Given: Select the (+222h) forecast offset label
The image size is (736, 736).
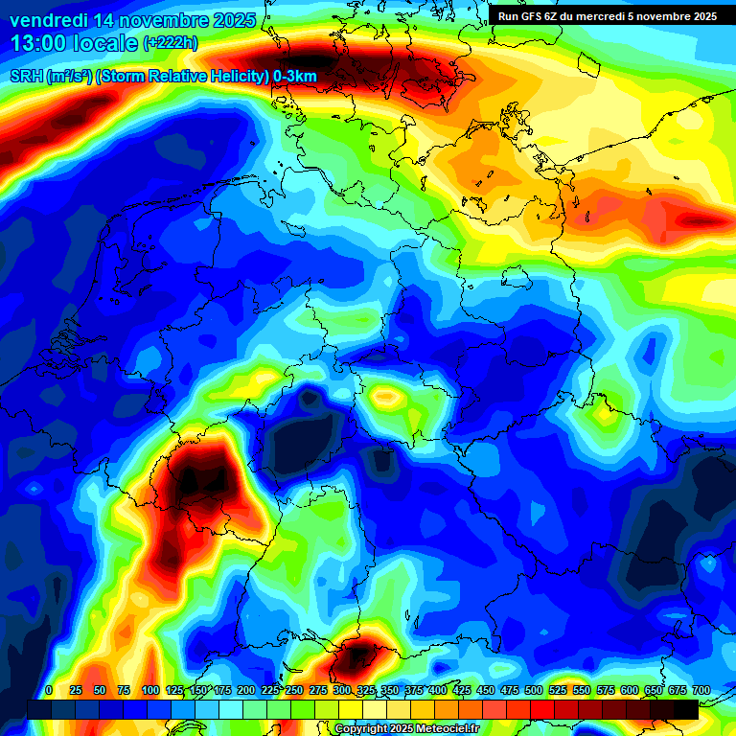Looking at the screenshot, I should pyautogui.click(x=171, y=43).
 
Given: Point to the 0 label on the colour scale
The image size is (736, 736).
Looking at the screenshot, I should pyautogui.click(x=49, y=691).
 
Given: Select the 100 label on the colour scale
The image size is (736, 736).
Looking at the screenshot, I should pyautogui.click(x=150, y=691).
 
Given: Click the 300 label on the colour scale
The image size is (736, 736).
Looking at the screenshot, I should pyautogui.click(x=342, y=691).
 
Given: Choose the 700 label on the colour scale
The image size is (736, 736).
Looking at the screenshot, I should pyautogui.click(x=701, y=691).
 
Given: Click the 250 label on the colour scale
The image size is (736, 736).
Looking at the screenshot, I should pyautogui.click(x=294, y=691).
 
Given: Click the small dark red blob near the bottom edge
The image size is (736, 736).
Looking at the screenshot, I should pyautogui.click(x=356, y=656).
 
